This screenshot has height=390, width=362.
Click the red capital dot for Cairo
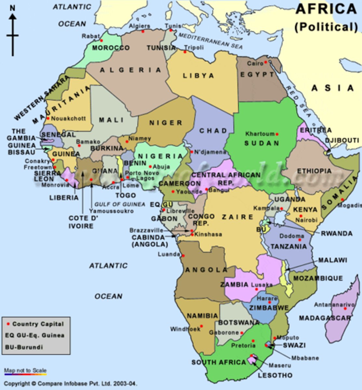(x=265, y=62)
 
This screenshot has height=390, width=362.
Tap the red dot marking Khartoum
(x=277, y=134)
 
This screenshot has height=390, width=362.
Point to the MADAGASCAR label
(x=325, y=318)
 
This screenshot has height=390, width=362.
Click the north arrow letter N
(x=12, y=8)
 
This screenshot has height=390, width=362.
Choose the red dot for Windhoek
(x=201, y=326)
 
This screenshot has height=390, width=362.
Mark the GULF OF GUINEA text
(x=120, y=204)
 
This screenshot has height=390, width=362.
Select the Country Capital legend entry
(x=36, y=324)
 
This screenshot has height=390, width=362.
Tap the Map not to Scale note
(x=25, y=370)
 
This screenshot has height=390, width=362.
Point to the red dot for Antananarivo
(x=345, y=308)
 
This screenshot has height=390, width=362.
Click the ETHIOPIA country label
(x=314, y=171)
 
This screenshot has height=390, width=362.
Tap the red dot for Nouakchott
(x=48, y=118)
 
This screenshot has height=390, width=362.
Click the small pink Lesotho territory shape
(x=251, y=359)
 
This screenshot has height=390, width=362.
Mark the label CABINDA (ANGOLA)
(x=150, y=241)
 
